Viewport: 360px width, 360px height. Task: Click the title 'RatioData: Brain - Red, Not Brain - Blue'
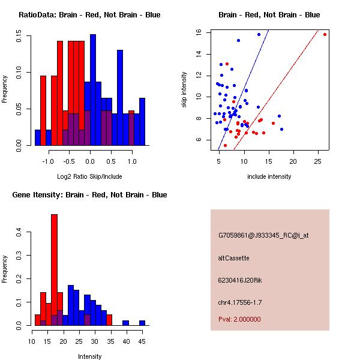[89, 15]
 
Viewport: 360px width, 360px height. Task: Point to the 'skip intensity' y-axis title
[185, 90]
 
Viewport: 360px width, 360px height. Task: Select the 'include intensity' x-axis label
[269, 176]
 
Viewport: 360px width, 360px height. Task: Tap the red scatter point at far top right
[325, 34]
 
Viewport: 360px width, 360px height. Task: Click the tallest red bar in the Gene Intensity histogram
[55, 269]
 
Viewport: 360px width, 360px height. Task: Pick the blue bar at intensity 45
[143, 323]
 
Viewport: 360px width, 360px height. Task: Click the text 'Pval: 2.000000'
[238, 320]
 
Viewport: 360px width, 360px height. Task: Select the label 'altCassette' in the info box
[233, 258]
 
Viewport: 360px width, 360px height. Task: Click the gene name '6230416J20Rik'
[238, 280]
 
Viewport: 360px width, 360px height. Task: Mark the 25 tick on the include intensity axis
[317, 161]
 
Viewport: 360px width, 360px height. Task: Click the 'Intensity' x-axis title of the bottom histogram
[89, 356]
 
